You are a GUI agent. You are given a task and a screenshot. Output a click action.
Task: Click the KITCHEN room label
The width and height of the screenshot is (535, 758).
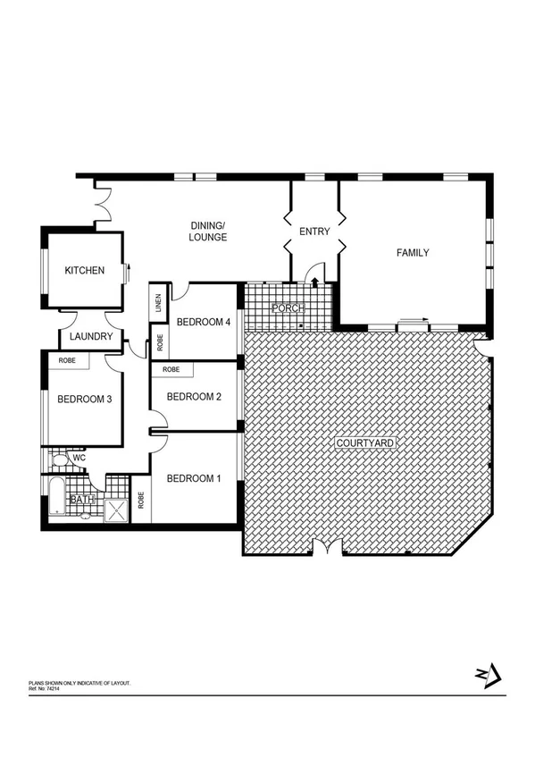point(85,271)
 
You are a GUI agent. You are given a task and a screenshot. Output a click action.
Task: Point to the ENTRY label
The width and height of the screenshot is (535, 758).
point(314,232)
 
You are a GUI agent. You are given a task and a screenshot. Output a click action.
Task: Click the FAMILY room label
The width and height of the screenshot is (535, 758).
point(413,253)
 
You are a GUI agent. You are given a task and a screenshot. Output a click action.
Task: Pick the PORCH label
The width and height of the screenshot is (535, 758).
point(288,308)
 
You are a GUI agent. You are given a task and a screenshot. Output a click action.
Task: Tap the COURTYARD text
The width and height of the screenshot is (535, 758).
point(364,443)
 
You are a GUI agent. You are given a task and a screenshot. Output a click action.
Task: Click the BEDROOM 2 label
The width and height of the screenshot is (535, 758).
point(194,397)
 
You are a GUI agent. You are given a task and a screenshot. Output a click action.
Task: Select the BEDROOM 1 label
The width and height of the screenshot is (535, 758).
point(194,477)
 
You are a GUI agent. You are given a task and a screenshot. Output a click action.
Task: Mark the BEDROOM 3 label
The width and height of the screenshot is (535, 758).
point(84,400)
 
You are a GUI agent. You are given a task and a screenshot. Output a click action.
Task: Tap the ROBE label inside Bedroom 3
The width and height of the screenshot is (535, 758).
point(67,360)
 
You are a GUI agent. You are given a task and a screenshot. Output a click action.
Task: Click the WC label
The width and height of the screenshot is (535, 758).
point(79,459)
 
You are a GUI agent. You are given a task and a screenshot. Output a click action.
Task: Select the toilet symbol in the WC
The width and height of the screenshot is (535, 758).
point(58,459)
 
